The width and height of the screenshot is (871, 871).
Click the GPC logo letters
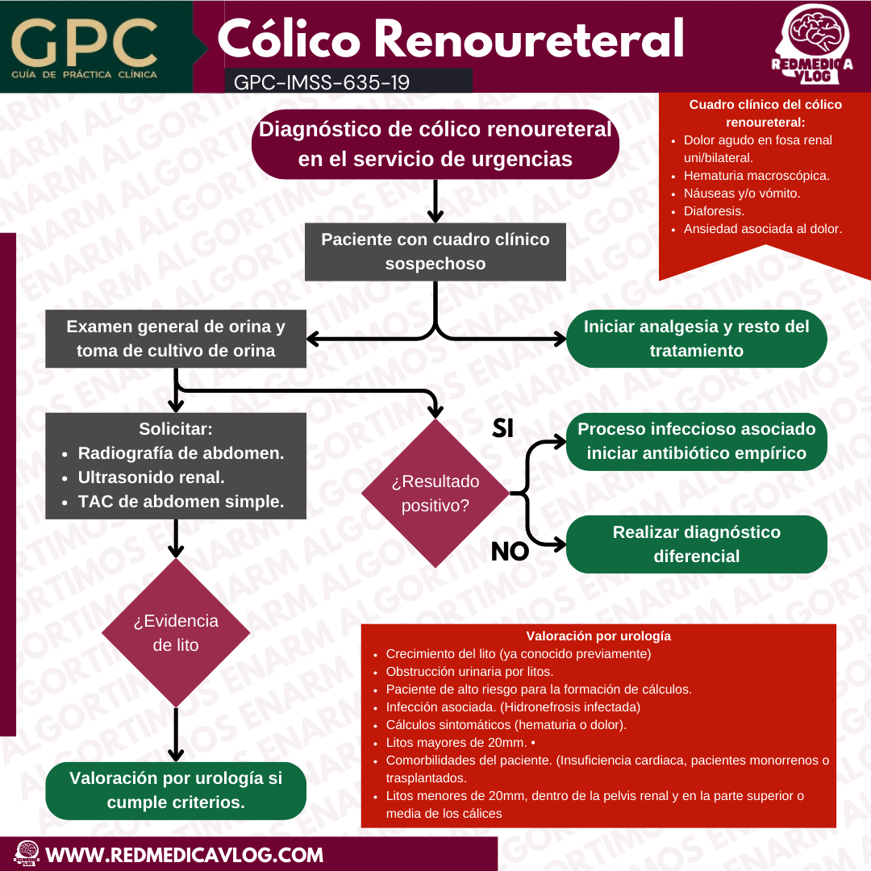[x=84, y=40]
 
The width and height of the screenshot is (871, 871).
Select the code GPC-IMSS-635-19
[x=320, y=81]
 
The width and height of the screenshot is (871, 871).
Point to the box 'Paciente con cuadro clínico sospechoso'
[x=435, y=252]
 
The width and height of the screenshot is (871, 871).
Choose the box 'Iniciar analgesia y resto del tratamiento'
[x=696, y=339]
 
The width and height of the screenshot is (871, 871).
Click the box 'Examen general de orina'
[x=176, y=339]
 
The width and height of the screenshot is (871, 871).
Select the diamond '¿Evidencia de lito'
[x=176, y=633]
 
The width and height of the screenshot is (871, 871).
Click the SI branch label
[x=502, y=429]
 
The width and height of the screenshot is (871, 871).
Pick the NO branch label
[x=510, y=552]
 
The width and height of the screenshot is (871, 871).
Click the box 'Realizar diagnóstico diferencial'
[x=696, y=544]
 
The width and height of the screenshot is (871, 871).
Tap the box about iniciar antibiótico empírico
[x=696, y=441]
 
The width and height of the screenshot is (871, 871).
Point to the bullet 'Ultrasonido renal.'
[x=151, y=477]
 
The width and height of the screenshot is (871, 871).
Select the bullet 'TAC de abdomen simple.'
[x=181, y=502]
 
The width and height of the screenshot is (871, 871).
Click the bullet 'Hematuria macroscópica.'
[x=756, y=175]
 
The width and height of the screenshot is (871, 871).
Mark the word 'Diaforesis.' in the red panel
[x=713, y=210]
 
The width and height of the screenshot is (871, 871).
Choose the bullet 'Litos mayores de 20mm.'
[x=456, y=742]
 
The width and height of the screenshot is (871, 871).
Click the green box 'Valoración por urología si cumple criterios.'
[x=176, y=790]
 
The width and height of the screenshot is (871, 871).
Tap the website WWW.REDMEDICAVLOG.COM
[x=185, y=854]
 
